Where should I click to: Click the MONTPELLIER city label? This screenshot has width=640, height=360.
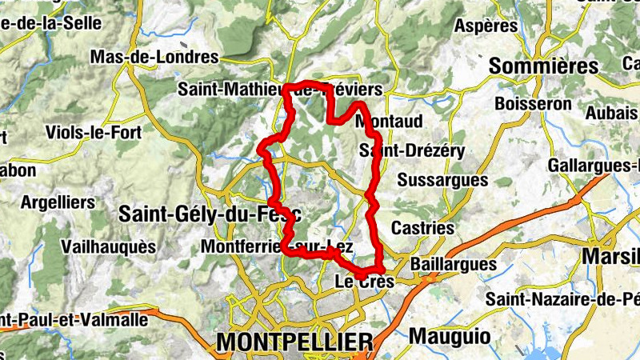(x=294, y=342)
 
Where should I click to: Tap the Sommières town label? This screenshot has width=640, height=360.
(x=543, y=66)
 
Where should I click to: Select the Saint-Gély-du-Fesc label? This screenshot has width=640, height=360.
(x=210, y=214)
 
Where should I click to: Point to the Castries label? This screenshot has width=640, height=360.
(x=422, y=228)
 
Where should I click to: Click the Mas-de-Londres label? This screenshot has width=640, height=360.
(x=154, y=57)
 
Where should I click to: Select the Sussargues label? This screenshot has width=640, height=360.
(x=442, y=180)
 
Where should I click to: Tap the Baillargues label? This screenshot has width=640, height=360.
(x=453, y=264)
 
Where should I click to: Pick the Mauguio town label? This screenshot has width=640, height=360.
(x=450, y=336)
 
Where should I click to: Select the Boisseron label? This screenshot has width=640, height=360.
(x=533, y=103)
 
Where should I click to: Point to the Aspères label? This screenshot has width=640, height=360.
(x=486, y=26)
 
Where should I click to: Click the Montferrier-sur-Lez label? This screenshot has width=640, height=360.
(x=277, y=246)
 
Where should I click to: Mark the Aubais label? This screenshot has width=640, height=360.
(x=611, y=114)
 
